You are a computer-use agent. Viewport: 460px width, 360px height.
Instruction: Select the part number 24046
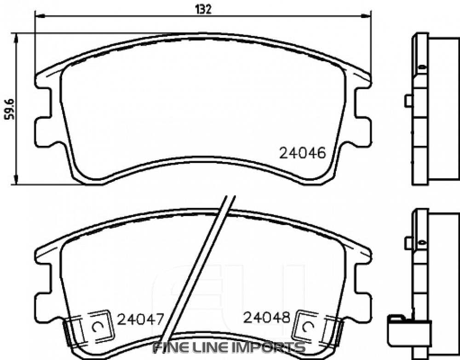pos(302,153)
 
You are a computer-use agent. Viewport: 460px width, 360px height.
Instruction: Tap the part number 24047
pos(140,319)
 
